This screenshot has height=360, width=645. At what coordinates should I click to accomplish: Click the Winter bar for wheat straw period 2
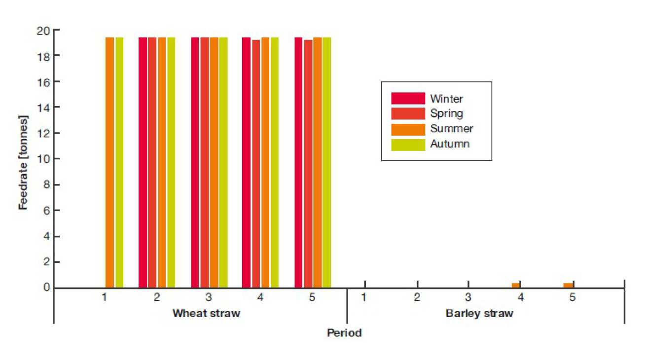pos(143,162)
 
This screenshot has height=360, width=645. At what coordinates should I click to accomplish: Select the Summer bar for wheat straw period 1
pos(109,162)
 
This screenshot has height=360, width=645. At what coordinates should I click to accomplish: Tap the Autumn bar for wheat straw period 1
pos(119,162)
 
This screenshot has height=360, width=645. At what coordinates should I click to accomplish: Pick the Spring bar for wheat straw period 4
pos(256,163)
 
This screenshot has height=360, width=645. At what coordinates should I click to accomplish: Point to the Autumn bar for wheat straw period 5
pos(326,162)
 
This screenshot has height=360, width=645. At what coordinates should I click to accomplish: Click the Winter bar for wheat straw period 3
pos(195,162)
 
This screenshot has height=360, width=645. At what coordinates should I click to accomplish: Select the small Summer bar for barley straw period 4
pos(516,285)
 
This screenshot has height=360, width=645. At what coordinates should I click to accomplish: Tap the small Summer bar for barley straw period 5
pos(568,285)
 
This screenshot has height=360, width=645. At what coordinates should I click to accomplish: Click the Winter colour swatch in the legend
pos(408,98)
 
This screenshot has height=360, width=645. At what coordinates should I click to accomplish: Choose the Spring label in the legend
pos(446,113)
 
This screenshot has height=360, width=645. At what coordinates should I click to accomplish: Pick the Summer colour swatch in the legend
pos(408,129)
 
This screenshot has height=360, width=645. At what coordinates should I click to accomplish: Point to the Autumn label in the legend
pos(450,144)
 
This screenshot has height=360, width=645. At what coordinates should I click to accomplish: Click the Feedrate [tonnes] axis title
pos(24,162)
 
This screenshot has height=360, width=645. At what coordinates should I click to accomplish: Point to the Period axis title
pos(344,333)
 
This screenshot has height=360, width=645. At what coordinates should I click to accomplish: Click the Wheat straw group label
pos(206,314)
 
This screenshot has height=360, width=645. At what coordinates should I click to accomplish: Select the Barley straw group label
pos(479,314)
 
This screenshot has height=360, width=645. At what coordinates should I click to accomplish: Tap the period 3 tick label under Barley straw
pos(468,298)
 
